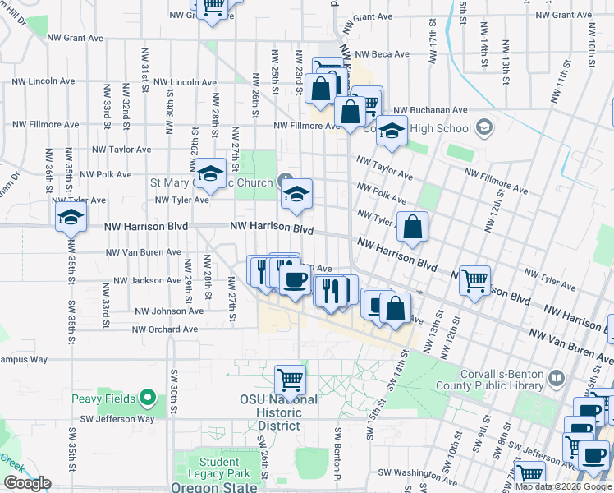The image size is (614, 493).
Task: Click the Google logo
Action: (27, 483)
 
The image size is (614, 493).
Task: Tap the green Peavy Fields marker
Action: (147, 399)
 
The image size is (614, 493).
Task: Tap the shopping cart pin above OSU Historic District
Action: (290, 380)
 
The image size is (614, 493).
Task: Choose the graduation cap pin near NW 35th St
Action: (71, 218)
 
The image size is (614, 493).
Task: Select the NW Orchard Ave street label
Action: (166, 329)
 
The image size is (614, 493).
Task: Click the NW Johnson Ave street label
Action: (169, 311)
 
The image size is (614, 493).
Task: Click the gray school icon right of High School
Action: (484, 128)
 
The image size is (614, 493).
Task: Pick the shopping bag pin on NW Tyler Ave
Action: (414, 227)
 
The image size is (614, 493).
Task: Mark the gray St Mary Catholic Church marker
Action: (285, 179)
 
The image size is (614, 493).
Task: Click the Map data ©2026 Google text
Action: (563, 486)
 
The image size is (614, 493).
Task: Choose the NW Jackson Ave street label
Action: (148, 280)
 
